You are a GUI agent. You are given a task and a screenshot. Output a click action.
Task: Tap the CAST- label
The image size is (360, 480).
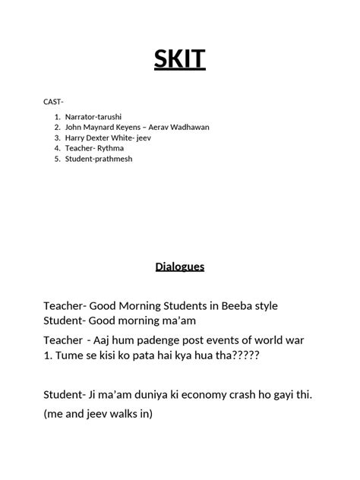pos(54,101)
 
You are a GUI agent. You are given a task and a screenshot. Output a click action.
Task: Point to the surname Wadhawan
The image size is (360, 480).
pos(189,127)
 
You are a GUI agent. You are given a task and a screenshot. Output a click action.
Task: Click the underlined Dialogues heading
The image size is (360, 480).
pos(180,267)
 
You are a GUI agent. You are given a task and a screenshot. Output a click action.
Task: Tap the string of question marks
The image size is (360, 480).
pos(234,353)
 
